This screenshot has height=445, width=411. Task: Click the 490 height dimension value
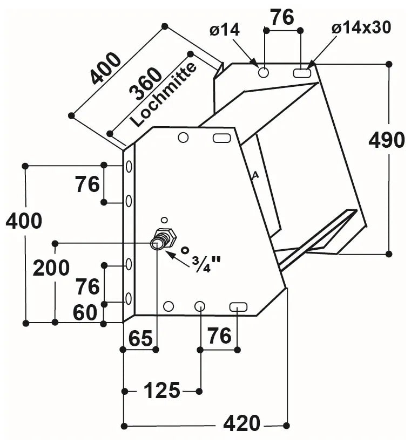[x=386, y=140]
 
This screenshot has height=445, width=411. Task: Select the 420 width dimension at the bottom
[x=241, y=424]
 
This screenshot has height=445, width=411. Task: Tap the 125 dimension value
[x=162, y=390]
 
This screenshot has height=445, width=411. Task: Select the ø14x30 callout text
[x=361, y=28]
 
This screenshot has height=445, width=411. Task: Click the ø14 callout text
[x=225, y=30]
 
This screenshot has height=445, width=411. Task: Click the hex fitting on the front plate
[x=161, y=238]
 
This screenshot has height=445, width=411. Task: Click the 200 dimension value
[x=51, y=268]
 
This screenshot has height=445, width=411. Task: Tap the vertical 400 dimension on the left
[x=24, y=221]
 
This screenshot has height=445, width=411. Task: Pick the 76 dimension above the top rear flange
[x=282, y=17]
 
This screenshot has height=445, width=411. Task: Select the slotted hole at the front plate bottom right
[x=238, y=307]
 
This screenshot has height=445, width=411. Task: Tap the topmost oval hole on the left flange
[x=129, y=167]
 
